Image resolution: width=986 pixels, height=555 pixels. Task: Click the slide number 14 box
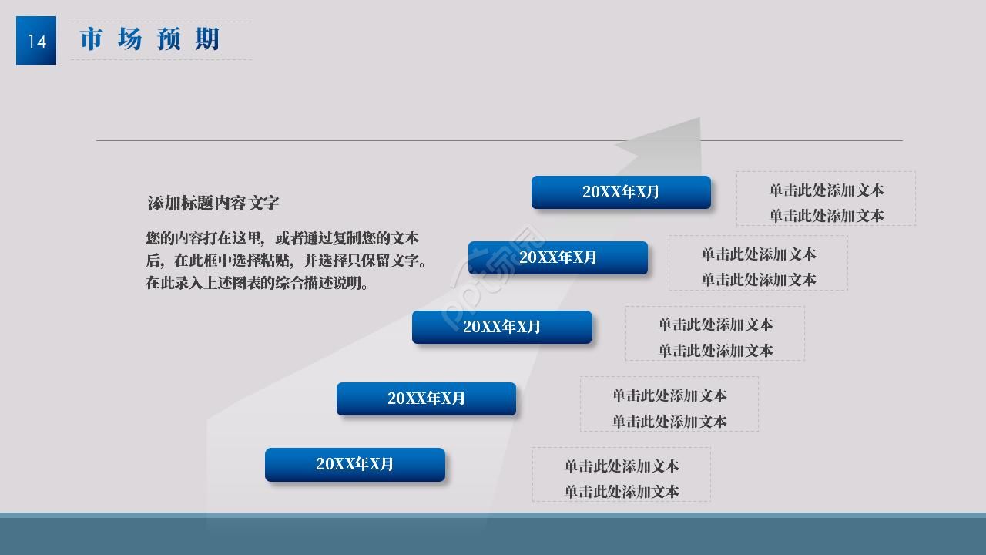click(x=36, y=41)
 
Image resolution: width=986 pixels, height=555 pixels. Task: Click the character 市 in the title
click(x=91, y=39)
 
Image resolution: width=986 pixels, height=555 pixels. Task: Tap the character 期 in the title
click(x=206, y=39)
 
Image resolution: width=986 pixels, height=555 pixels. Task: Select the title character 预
click(x=169, y=39)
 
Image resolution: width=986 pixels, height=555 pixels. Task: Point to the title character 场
click(x=130, y=39)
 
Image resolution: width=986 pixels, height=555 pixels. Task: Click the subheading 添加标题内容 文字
click(x=213, y=203)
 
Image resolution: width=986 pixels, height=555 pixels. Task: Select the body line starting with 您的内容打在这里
click(x=282, y=238)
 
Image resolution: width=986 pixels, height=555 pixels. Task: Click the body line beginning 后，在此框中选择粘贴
click(x=286, y=261)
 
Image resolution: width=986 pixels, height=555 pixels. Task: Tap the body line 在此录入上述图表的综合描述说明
click(x=257, y=283)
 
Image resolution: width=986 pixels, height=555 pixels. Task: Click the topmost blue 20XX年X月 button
click(x=621, y=192)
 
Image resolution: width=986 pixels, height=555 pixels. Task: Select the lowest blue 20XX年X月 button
click(x=355, y=464)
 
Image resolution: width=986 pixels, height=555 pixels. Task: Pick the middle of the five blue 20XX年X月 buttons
click(x=502, y=327)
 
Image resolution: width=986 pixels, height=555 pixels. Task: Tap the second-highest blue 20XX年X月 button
click(x=558, y=257)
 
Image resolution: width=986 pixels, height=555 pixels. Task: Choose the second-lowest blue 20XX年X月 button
click(x=426, y=399)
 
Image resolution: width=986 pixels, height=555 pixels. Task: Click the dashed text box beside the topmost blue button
click(x=826, y=198)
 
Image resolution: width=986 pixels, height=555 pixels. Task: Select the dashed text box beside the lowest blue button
click(x=621, y=475)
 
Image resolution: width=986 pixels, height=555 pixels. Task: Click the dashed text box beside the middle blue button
click(x=715, y=333)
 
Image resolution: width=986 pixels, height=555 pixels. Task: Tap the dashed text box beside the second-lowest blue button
click(x=669, y=404)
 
